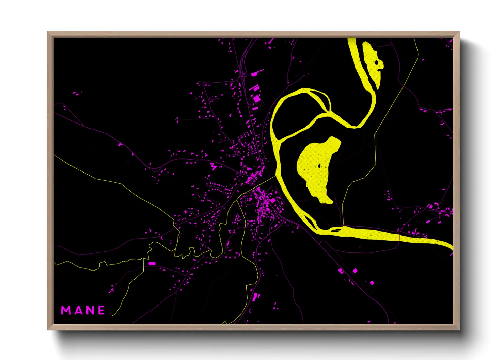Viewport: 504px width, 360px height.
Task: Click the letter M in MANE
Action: (65, 310)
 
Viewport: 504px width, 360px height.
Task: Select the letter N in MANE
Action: (90, 310)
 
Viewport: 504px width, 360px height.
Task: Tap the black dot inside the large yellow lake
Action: (319, 166)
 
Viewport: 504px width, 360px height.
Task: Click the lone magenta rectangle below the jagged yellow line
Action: (152, 263)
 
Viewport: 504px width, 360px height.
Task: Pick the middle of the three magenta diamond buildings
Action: (355, 271)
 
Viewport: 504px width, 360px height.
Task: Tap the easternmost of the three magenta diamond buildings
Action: (372, 283)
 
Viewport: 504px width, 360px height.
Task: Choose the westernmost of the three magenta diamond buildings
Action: (341, 271)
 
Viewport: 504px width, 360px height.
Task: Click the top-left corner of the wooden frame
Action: (48, 32)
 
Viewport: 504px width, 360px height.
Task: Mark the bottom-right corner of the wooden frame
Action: (459, 329)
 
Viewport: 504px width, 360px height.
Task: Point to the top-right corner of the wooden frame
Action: (459, 32)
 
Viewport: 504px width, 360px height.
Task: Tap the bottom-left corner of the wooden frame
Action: (48, 329)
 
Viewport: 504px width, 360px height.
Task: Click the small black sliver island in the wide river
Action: (336, 231)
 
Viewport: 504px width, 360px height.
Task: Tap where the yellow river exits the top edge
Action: (352, 39)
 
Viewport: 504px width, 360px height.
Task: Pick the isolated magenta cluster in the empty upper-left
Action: (77, 93)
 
